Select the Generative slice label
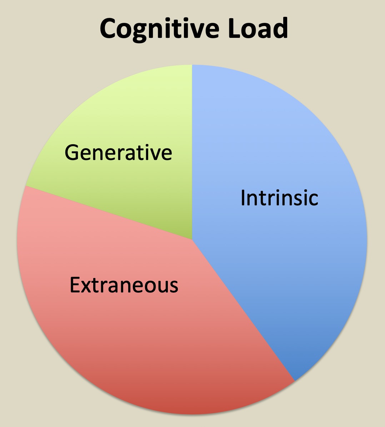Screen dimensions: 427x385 pos(118,152)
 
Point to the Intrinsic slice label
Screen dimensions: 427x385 pos(279,197)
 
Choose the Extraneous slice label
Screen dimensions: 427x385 pos(124,285)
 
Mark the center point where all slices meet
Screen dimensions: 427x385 pos(192,240)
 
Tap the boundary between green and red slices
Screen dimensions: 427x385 pos(107,212)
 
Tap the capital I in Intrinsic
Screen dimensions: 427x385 pos(243,197)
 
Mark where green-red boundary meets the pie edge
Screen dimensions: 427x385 pos(26,186)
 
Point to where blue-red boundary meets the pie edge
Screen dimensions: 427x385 pos(295,381)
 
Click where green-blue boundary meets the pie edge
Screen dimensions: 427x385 pos(192,65)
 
